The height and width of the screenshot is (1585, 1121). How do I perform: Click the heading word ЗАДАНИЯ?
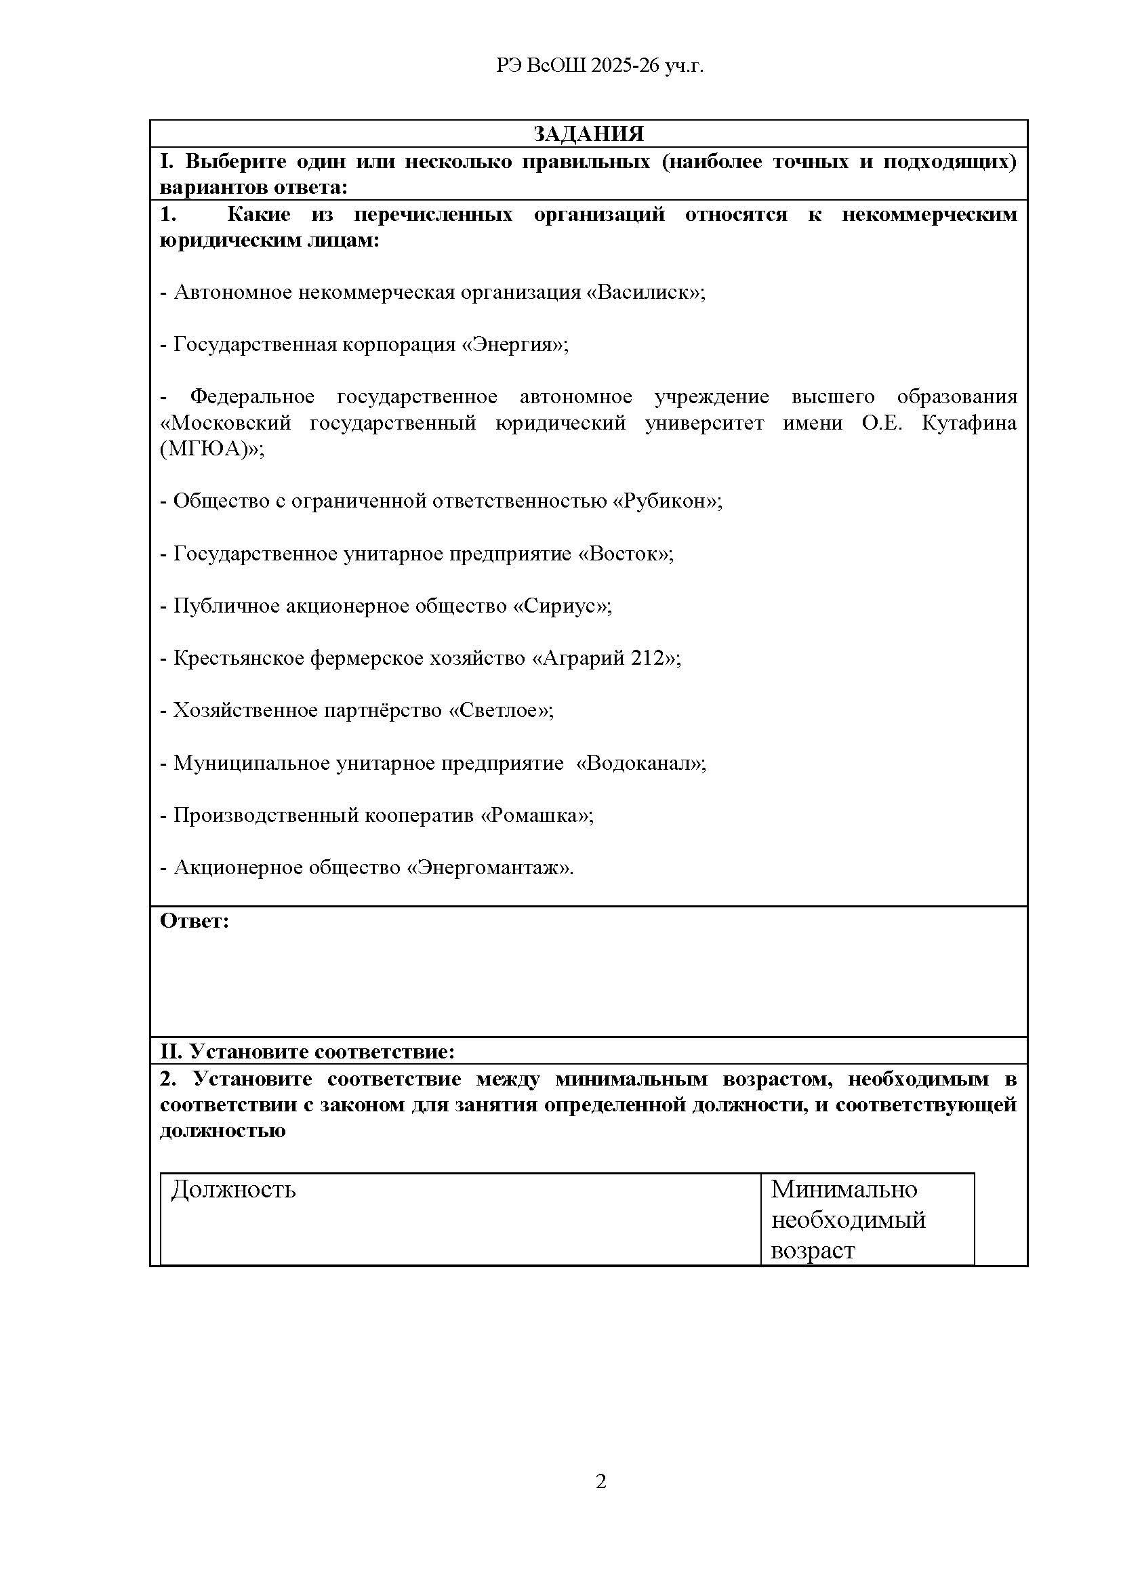pyautogui.click(x=588, y=134)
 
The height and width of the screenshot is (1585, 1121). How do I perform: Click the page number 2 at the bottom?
pyautogui.click(x=600, y=1481)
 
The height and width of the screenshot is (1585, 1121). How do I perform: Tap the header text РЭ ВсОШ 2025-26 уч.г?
pyautogui.click(x=600, y=66)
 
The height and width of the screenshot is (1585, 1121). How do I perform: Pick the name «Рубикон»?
pyautogui.click(x=666, y=501)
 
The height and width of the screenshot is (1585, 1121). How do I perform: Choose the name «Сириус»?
pyautogui.click(x=560, y=605)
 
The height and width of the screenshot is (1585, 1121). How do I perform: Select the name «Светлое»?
pyautogui.click(x=500, y=709)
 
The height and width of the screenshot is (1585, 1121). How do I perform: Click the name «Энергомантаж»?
pyautogui.click(x=488, y=867)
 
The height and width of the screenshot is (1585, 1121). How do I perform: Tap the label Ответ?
pyautogui.click(x=195, y=921)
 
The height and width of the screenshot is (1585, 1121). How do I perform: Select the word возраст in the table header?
pyautogui.click(x=813, y=1250)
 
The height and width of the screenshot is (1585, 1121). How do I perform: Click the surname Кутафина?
pyautogui.click(x=969, y=422)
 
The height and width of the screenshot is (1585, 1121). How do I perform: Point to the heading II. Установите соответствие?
pyautogui.click(x=307, y=1052)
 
